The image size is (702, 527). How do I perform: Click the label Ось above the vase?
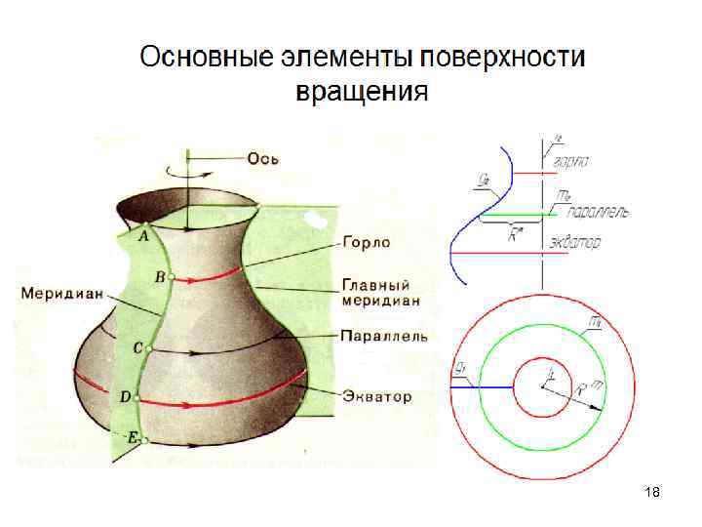[x=264, y=159]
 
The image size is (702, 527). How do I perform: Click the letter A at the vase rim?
[x=144, y=236]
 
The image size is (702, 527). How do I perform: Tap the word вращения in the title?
[x=362, y=93]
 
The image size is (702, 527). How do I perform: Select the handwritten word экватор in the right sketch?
[x=574, y=240]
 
